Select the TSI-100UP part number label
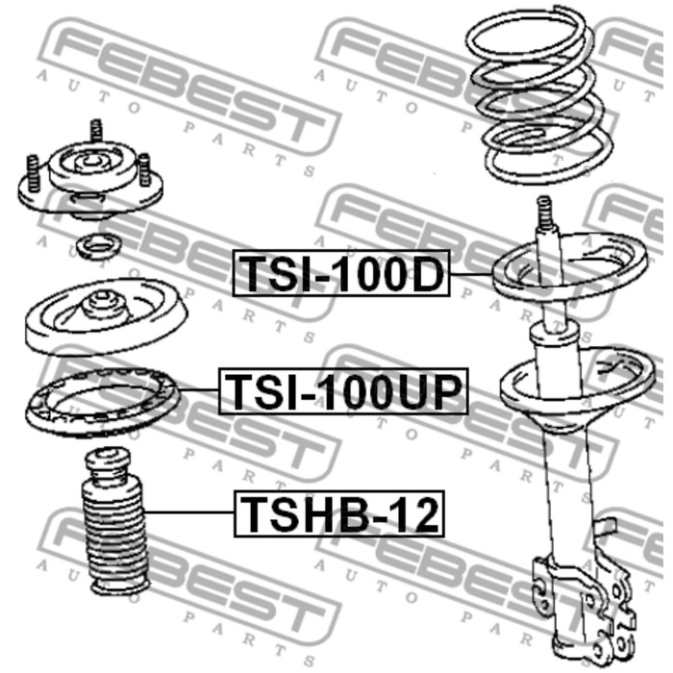point(343,391)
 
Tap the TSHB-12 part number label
point(338,514)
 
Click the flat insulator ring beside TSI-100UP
point(101,405)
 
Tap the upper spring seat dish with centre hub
point(101,318)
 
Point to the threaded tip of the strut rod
point(545,212)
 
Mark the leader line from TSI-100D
point(471,275)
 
